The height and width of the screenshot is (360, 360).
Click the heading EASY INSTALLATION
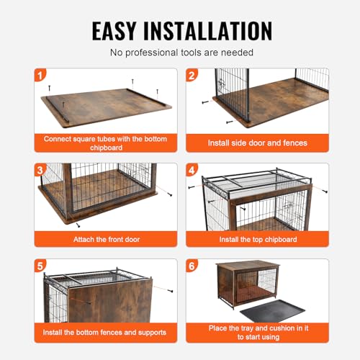point(180,30)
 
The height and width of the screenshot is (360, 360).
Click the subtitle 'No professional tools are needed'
point(180,53)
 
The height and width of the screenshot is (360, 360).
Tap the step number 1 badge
point(40,74)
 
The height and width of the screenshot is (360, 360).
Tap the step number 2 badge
point(192,74)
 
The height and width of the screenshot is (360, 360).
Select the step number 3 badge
point(40,170)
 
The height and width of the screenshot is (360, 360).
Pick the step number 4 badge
point(192,170)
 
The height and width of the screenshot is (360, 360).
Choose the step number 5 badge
point(40,266)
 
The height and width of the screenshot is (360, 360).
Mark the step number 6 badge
point(192,266)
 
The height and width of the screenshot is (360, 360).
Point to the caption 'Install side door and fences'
point(257,143)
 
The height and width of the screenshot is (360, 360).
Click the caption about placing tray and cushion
point(257,332)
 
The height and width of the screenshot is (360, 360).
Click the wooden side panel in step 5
point(115,302)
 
